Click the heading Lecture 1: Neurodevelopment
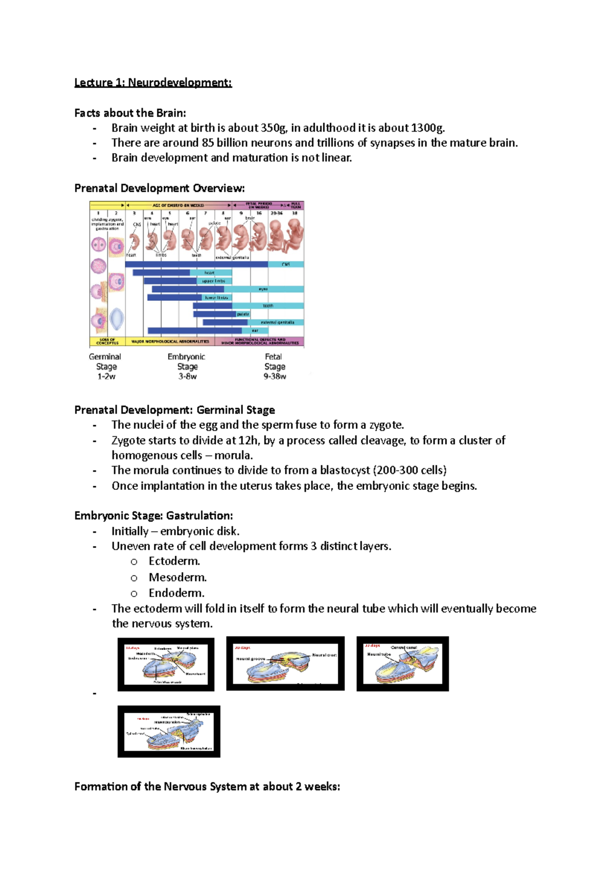coord(153,82)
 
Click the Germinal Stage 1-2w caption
coord(106,366)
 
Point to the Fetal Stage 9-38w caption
coord(275,366)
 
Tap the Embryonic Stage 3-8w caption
coord(187,366)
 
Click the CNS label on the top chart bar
coord(285,264)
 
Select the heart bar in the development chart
coord(209,273)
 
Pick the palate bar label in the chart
coord(242,314)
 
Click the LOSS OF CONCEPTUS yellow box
coord(107,341)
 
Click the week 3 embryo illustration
coord(134,241)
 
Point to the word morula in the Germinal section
coord(233,455)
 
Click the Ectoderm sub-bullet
coord(174,562)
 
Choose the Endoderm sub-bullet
coord(176,593)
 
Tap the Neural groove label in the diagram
coord(250,659)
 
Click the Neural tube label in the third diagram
coord(379,654)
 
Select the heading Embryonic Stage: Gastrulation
coord(153,516)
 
